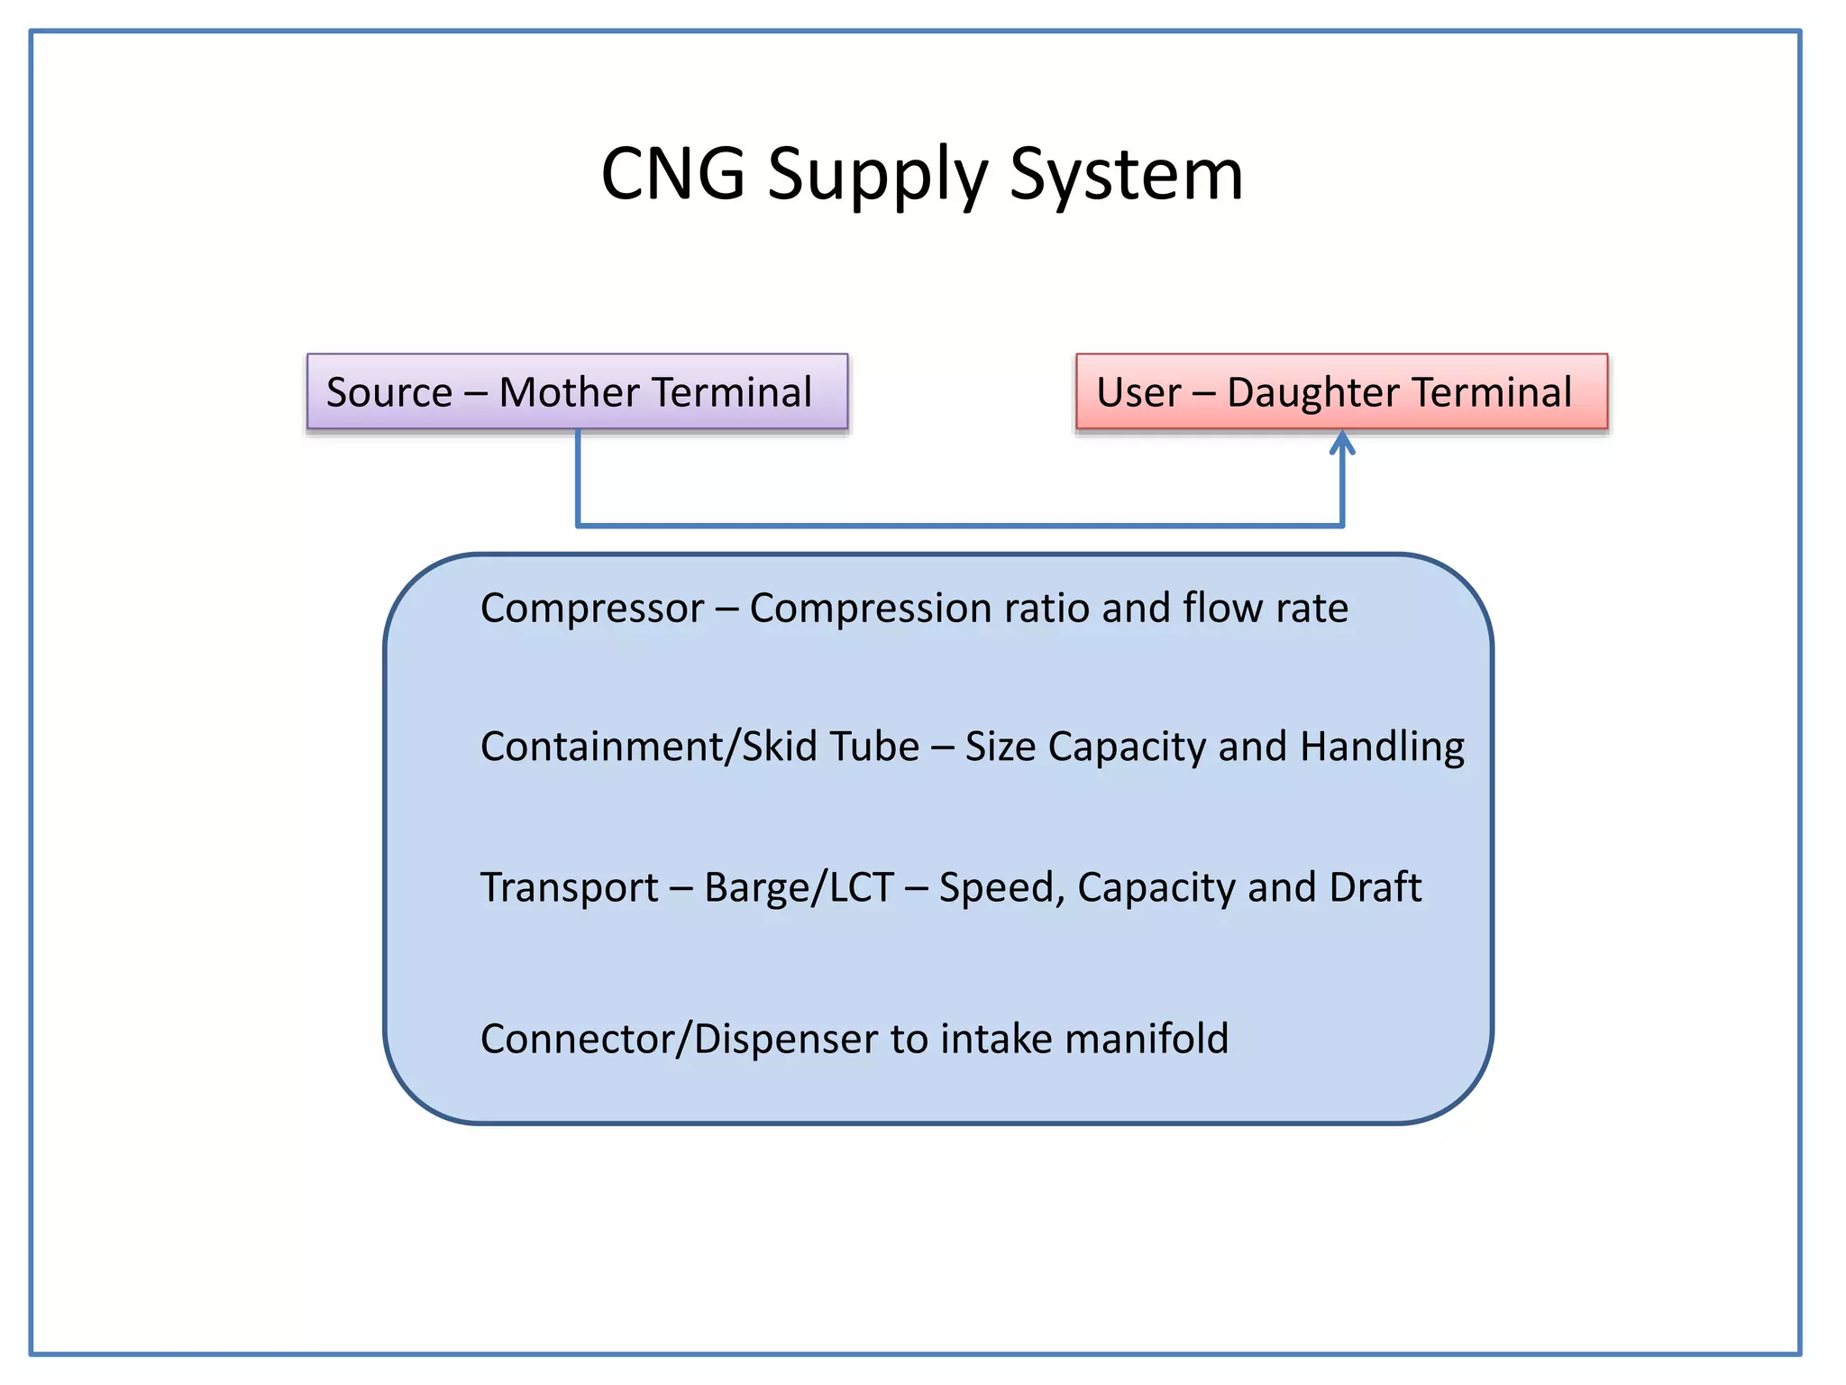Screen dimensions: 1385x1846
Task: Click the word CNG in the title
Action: (672, 173)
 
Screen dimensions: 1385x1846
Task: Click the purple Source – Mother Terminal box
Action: (577, 391)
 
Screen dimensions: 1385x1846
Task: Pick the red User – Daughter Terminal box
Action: (1341, 391)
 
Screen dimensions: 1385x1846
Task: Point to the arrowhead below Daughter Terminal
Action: (1342, 443)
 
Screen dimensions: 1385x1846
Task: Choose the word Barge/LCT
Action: (799, 887)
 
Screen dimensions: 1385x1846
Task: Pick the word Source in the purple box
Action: (388, 392)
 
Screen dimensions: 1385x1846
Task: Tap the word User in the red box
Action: (1138, 392)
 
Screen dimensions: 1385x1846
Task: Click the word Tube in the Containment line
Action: (873, 747)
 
